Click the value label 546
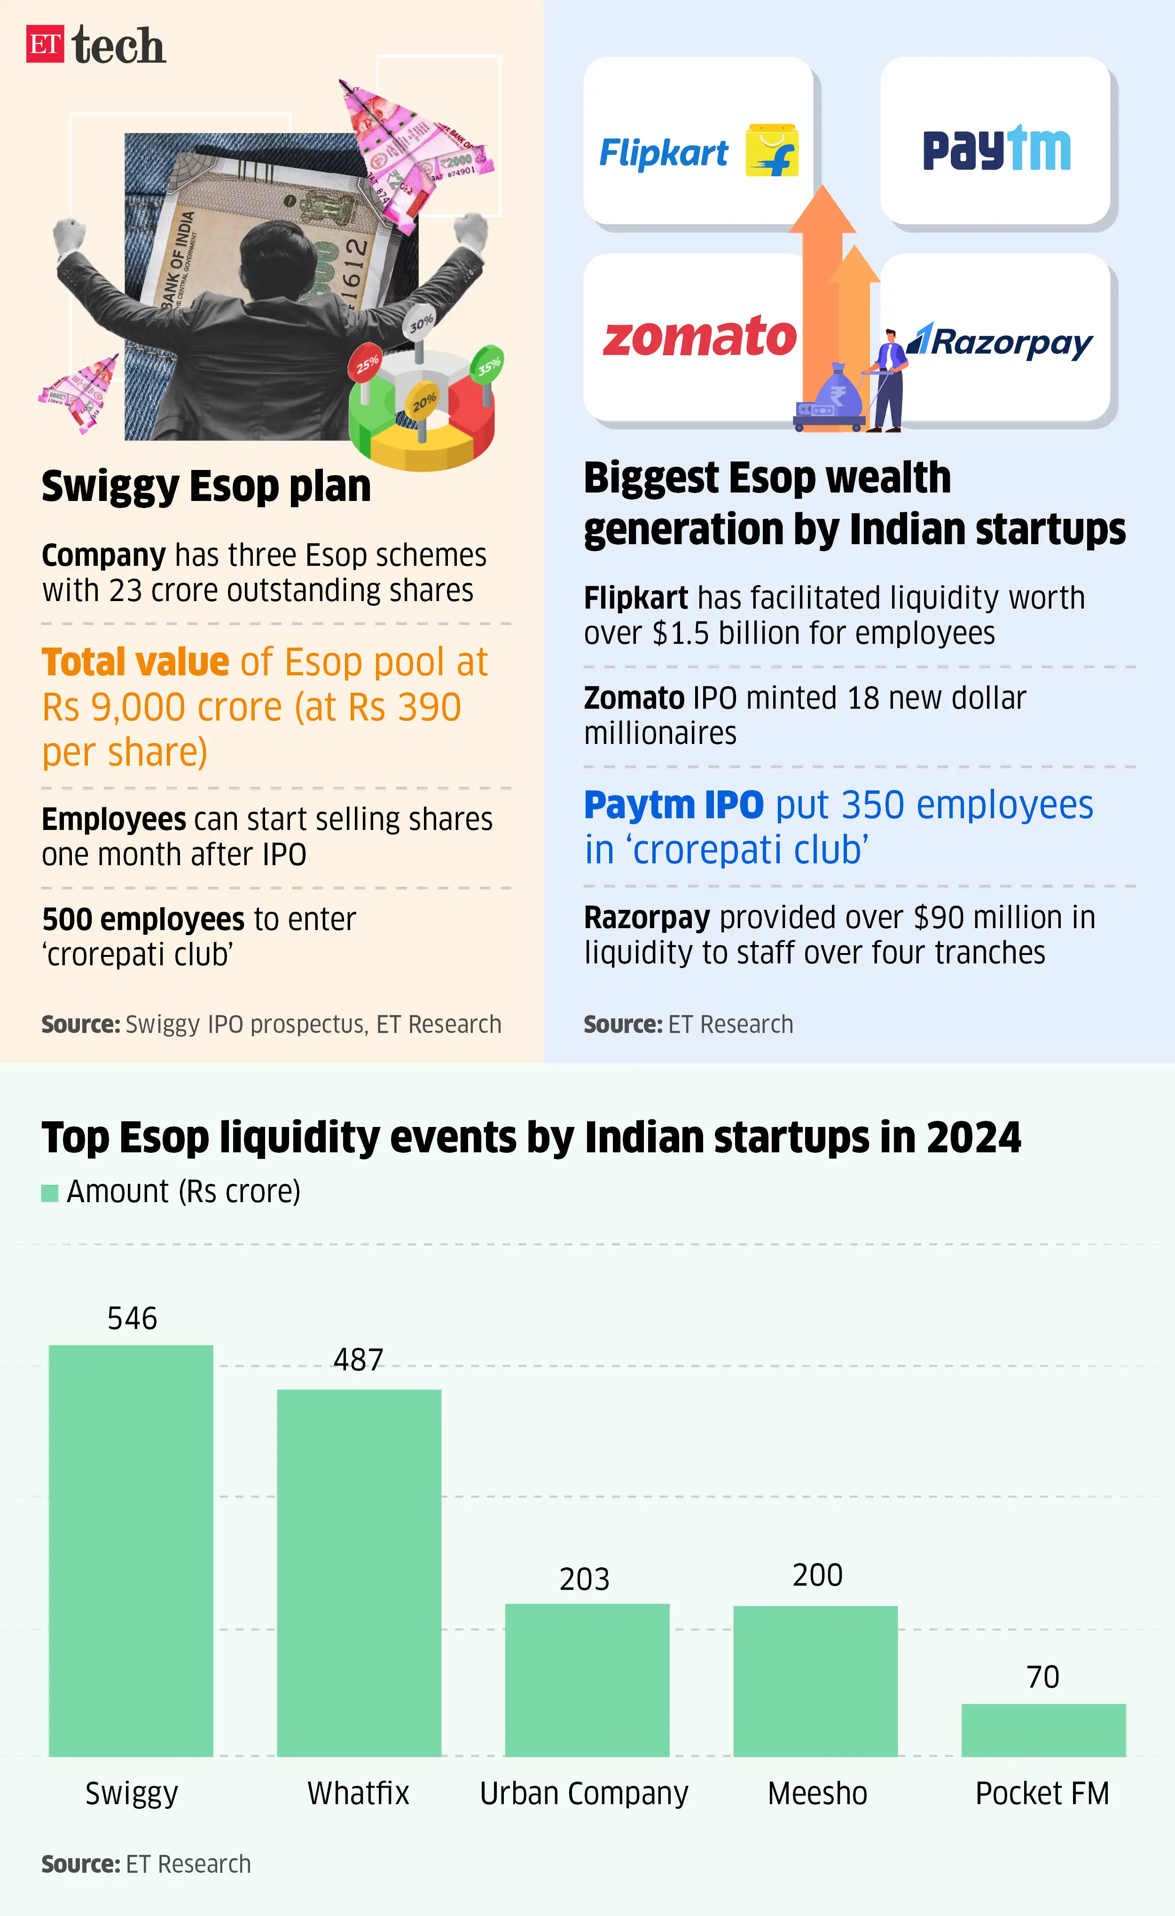coord(132,1318)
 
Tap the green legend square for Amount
coord(50,1193)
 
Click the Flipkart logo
coord(697,151)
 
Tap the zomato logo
coord(699,337)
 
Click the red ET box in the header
coord(44,44)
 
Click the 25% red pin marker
coord(367,363)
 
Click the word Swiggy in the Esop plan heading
coord(110,487)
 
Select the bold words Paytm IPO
coord(674,805)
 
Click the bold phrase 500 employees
coord(144,919)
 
